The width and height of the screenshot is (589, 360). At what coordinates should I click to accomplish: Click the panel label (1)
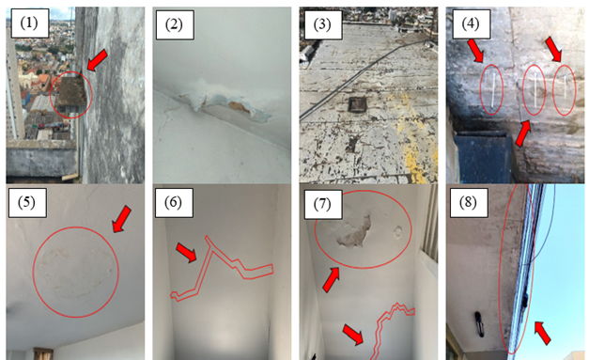(29, 23)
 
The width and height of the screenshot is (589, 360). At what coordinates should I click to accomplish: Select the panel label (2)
(174, 24)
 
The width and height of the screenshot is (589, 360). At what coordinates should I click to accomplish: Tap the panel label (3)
(322, 24)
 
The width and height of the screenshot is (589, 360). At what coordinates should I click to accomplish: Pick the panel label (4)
(471, 24)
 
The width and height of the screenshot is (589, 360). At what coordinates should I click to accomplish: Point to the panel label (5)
(27, 202)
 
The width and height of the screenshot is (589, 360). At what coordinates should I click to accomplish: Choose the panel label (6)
(174, 202)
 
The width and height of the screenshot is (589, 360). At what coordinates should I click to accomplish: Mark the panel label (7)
(322, 204)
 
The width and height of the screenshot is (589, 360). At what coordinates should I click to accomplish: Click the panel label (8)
(469, 202)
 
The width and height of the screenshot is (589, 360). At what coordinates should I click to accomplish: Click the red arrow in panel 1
(97, 60)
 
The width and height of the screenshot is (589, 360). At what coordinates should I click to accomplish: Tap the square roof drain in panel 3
(358, 104)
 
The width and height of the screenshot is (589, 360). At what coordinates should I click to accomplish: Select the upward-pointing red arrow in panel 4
(523, 133)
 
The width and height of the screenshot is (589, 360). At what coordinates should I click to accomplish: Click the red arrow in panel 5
(122, 219)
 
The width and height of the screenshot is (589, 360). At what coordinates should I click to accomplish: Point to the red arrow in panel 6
(187, 252)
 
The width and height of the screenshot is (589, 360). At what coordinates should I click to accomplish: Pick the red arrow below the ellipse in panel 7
(331, 279)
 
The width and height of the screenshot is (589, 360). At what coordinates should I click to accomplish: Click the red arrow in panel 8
(542, 333)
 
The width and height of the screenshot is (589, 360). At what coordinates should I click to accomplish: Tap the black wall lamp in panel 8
(478, 323)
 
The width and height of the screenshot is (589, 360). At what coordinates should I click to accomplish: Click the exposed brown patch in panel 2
(239, 108)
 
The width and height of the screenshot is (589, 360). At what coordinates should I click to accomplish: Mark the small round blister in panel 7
(398, 232)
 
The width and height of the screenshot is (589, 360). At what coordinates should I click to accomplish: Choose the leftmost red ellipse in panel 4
(491, 89)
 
